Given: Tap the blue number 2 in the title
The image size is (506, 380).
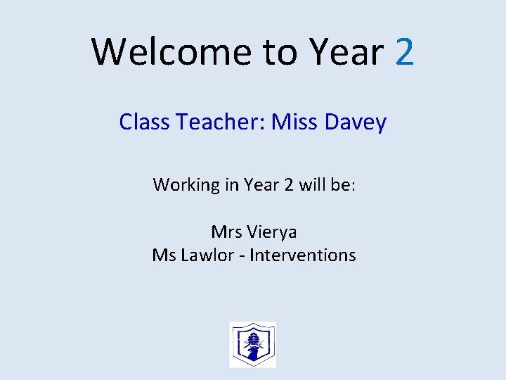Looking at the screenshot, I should (405, 52).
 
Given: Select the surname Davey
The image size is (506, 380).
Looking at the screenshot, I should (356, 122).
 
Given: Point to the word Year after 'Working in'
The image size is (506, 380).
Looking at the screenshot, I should (261, 185).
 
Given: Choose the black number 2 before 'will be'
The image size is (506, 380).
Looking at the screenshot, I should (288, 185).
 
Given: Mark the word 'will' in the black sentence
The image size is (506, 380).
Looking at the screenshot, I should (311, 185).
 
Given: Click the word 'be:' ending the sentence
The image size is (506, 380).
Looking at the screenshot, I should (344, 185).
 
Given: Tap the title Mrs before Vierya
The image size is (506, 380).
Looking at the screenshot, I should (226, 232).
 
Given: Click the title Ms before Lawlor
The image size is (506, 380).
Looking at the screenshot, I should (164, 255).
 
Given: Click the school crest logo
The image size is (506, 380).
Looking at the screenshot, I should (253, 344).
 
